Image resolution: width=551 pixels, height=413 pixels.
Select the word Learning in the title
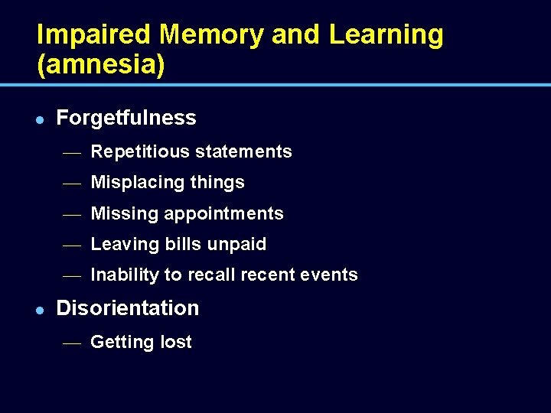click(386, 34)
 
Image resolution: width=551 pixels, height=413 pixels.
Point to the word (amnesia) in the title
click(101, 66)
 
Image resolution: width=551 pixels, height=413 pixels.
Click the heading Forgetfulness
click(126, 118)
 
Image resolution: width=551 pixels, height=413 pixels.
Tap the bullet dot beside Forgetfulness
click(41, 119)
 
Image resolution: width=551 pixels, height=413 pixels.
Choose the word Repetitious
click(140, 151)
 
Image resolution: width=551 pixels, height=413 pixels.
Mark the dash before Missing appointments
click(71, 215)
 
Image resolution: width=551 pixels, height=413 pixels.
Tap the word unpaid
click(237, 244)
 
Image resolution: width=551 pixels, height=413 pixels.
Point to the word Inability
click(121, 275)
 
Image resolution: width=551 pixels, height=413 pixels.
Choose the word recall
click(215, 275)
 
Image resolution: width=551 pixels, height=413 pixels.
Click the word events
click(332, 275)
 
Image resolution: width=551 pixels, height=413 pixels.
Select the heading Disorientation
click(128, 308)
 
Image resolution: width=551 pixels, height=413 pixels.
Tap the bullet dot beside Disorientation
click(41, 309)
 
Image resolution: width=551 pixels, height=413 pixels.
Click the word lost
click(175, 342)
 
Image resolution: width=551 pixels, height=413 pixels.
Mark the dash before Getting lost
click(71, 343)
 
